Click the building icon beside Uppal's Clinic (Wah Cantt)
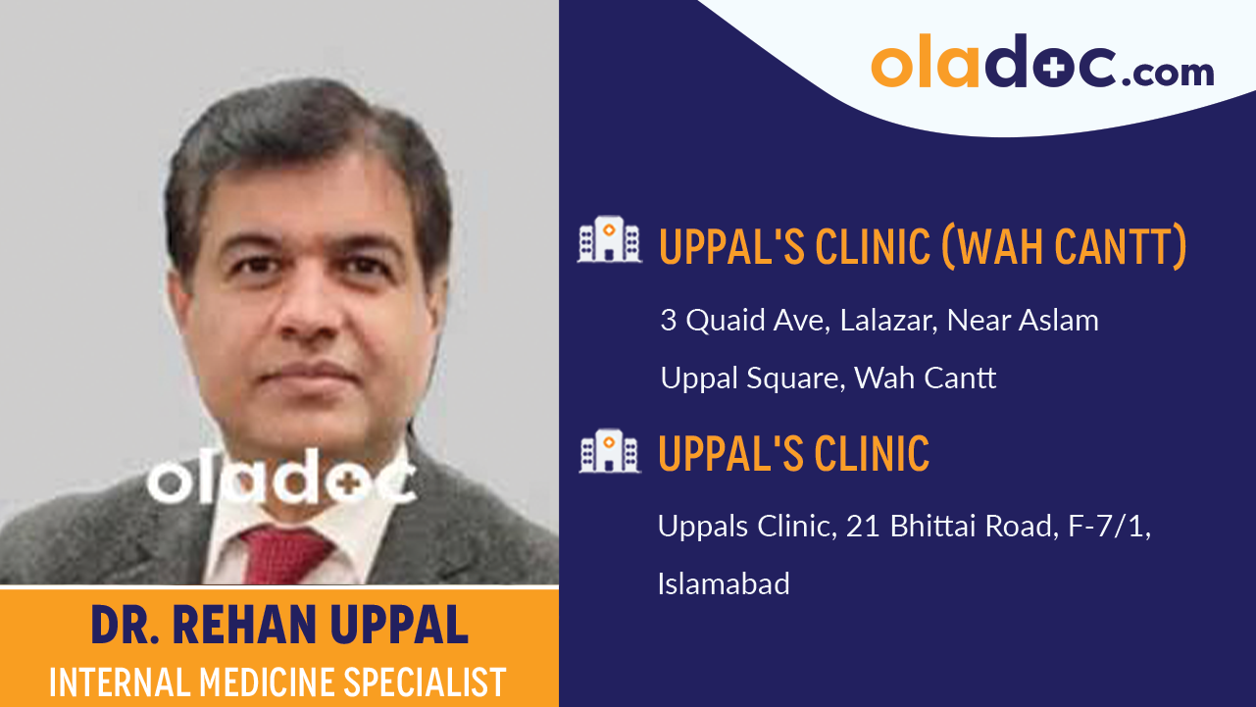point(609,240)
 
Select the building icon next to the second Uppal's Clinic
point(609,451)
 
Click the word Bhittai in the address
point(934,527)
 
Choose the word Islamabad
point(724,584)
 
